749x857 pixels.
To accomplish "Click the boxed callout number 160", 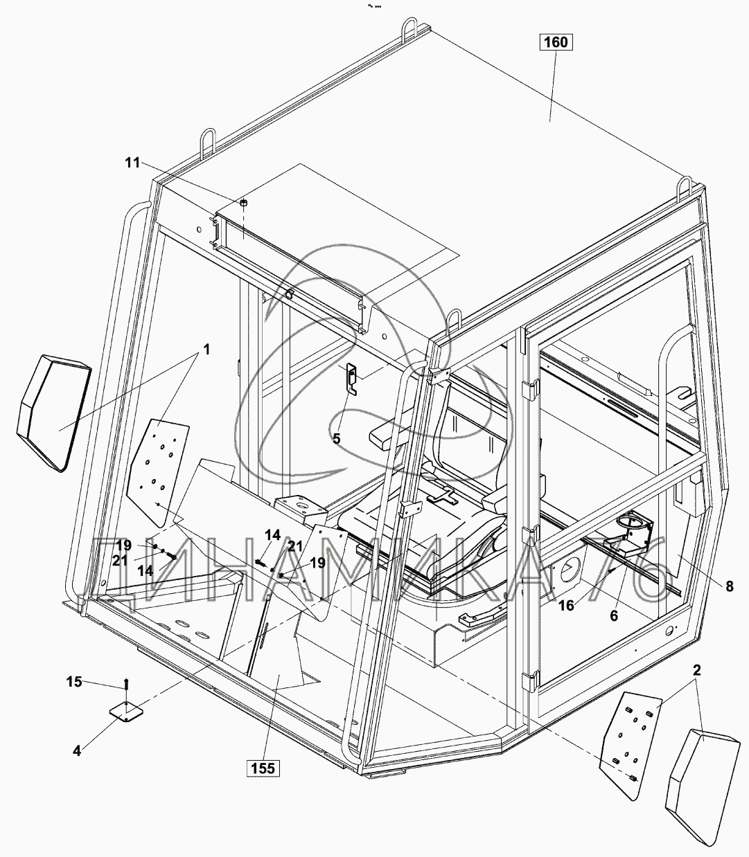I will pyautogui.click(x=555, y=42).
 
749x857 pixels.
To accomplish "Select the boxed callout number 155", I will pyautogui.click(x=263, y=768).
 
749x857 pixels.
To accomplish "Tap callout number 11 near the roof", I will pyautogui.click(x=132, y=163).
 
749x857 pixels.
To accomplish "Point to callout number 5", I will pyautogui.click(x=337, y=438).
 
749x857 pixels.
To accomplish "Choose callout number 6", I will pyautogui.click(x=613, y=615).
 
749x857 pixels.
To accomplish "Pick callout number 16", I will pyautogui.click(x=566, y=606).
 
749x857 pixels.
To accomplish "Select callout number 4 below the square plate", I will pyautogui.click(x=77, y=750).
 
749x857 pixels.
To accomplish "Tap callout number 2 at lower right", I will pyautogui.click(x=696, y=670).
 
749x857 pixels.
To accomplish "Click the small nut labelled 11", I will pyautogui.click(x=244, y=203).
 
